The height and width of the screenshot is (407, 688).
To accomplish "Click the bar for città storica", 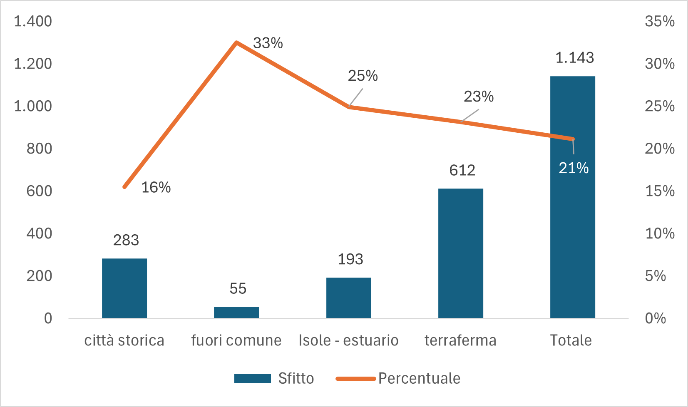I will [x=124, y=288].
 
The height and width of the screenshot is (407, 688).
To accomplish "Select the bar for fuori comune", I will [x=236, y=312].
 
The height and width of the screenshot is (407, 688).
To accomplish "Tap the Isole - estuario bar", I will [x=348, y=298].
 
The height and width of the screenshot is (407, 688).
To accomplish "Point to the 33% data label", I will [x=268, y=43].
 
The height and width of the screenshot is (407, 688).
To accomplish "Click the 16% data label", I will [x=156, y=187].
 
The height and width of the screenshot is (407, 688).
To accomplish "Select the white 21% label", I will [x=574, y=168].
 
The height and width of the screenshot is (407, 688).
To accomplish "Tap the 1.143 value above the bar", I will [x=574, y=58].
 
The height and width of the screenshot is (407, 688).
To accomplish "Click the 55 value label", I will [x=238, y=288].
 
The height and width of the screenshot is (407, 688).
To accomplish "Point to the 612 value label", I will [x=462, y=170].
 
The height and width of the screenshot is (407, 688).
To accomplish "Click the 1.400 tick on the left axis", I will [x=33, y=21].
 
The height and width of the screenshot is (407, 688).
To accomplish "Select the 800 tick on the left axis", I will [x=39, y=149].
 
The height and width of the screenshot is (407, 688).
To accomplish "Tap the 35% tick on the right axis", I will [x=660, y=21].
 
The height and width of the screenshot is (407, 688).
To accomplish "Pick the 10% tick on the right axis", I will [x=660, y=233].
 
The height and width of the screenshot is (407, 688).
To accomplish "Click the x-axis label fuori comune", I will [x=236, y=340].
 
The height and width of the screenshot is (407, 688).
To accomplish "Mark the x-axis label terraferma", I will [x=460, y=340].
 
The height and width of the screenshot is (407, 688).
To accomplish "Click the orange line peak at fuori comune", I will [x=236, y=42].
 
